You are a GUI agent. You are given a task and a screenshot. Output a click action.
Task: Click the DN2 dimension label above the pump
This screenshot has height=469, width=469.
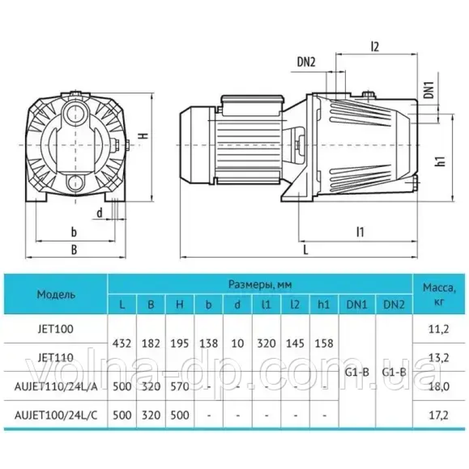click(x=306, y=62)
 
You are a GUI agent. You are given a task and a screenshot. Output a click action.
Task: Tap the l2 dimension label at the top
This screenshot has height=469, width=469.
click(x=375, y=47)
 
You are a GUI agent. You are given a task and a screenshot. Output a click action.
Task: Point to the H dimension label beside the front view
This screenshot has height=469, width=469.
click(x=144, y=135)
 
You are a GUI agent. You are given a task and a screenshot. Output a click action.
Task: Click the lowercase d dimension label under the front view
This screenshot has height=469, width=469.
click(x=100, y=213)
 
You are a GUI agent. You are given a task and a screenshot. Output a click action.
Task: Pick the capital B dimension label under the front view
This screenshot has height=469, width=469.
click(x=74, y=250)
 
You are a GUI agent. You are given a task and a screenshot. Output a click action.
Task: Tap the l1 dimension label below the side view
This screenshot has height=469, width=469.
click(x=360, y=232)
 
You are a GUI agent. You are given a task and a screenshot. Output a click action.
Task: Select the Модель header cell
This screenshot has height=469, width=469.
click(x=56, y=295)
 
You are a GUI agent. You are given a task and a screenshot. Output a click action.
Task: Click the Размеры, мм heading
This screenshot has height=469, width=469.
click(x=260, y=284)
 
